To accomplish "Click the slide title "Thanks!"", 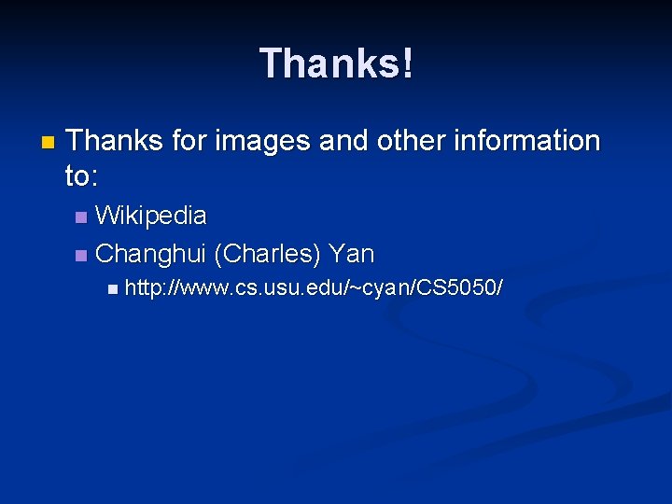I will (336, 63).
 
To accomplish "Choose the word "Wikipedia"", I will (151, 216).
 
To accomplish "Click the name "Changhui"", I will (151, 254).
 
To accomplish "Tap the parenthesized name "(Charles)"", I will (268, 254).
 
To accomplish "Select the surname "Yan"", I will (352, 254).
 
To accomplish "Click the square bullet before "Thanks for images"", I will (48, 144).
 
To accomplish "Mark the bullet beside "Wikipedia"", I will (81, 218).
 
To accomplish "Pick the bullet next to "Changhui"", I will (81, 256).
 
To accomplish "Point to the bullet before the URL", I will (113, 291).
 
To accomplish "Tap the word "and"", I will (343, 141).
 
